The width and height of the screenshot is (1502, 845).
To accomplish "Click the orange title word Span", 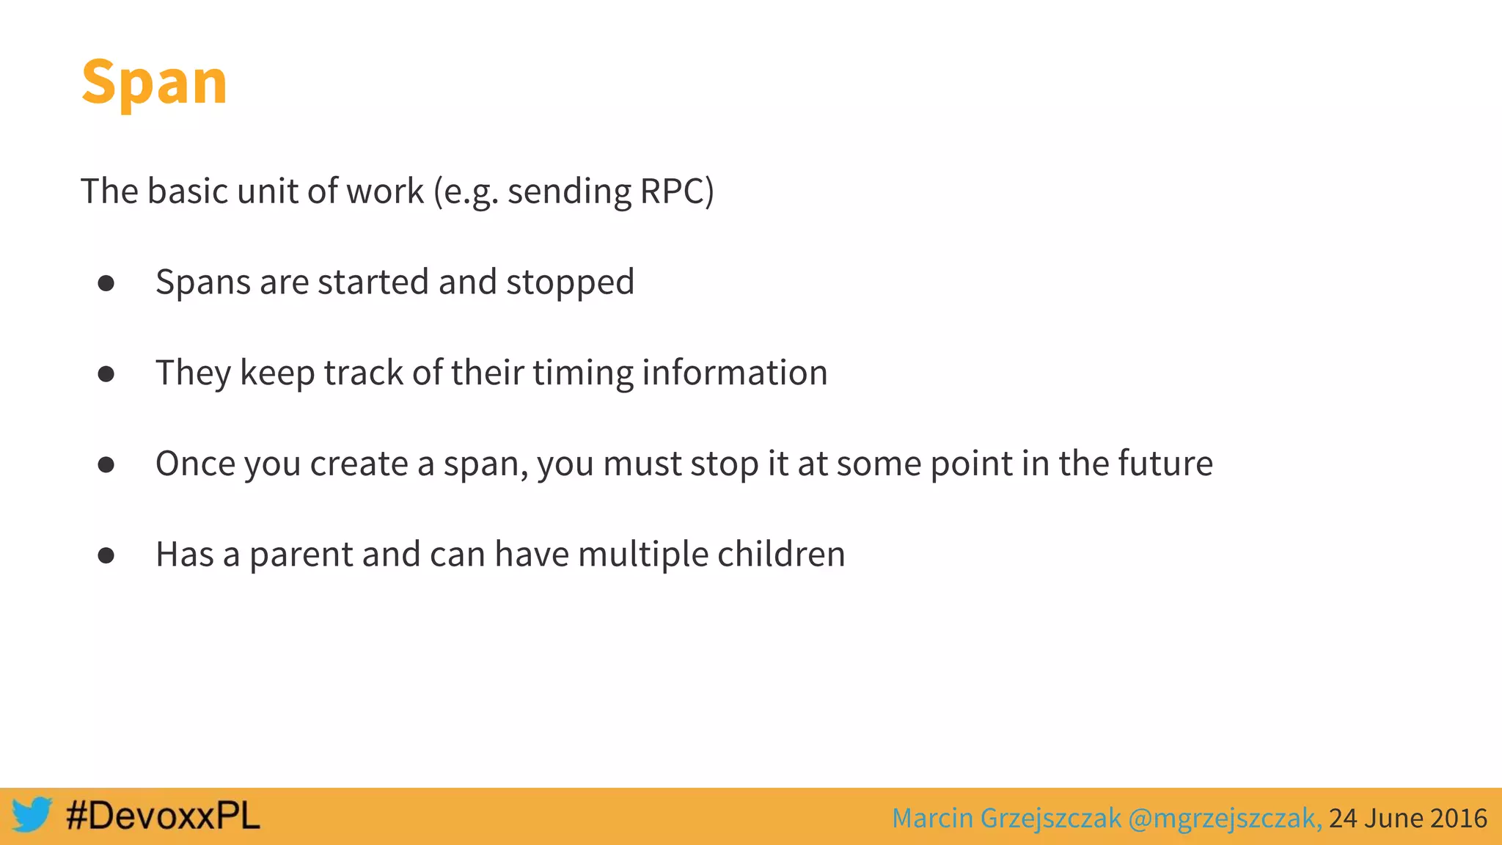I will click(x=154, y=82).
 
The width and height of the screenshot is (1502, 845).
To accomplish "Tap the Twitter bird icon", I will click(x=32, y=815).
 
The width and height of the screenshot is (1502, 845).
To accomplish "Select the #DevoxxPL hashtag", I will click(x=163, y=816).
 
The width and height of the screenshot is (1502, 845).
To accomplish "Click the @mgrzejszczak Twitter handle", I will click(x=1225, y=818).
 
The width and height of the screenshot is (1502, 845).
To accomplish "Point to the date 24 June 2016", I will click(x=1407, y=818).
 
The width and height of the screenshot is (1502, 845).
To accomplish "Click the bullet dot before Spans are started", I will click(x=106, y=283).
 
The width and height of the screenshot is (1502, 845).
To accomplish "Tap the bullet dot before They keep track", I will click(x=106, y=374).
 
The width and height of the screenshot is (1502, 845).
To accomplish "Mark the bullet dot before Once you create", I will click(x=106, y=465).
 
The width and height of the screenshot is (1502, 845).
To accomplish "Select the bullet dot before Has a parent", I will click(x=106, y=556).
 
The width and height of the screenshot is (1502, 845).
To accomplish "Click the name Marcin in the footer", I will click(x=932, y=818).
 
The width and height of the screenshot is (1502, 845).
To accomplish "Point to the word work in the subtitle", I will click(x=384, y=191).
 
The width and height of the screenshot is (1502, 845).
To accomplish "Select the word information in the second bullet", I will click(x=735, y=373).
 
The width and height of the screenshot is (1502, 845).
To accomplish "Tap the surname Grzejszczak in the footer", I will click(x=1050, y=818).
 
